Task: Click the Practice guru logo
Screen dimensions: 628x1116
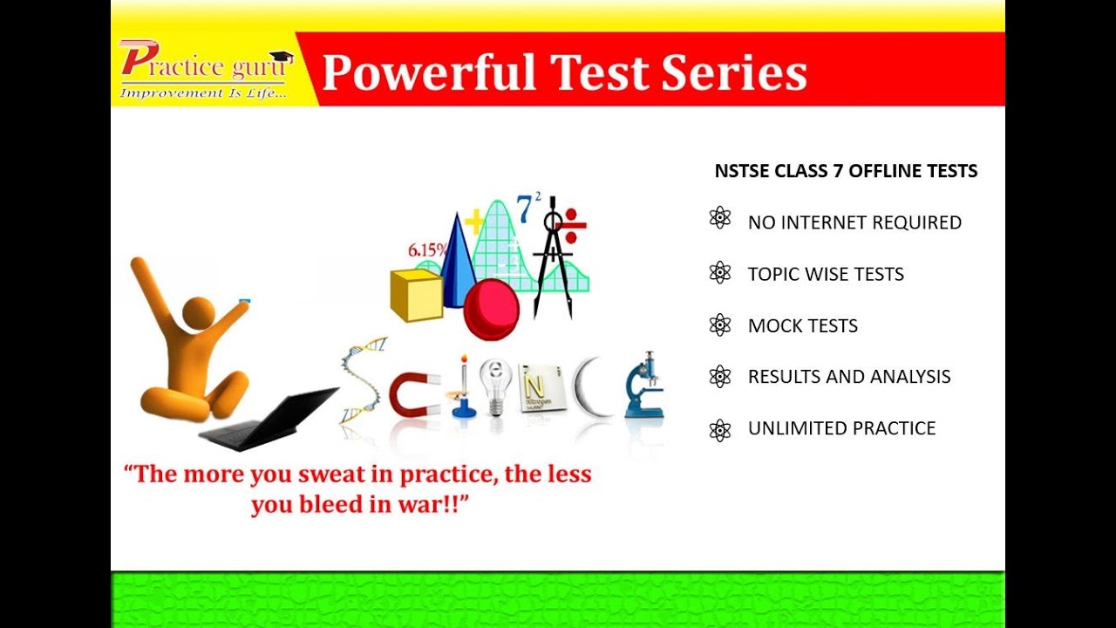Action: click(x=206, y=69)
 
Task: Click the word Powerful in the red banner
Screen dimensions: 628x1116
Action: click(x=428, y=72)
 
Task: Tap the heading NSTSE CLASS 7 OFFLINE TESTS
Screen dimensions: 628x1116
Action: click(x=846, y=171)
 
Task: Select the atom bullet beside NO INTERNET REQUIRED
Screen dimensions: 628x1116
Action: click(x=720, y=218)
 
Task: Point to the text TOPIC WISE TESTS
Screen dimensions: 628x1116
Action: click(x=826, y=274)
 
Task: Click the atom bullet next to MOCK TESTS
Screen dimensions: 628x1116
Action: click(x=720, y=325)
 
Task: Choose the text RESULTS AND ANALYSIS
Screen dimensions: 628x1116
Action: click(x=849, y=377)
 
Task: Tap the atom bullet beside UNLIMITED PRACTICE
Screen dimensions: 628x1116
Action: click(x=720, y=429)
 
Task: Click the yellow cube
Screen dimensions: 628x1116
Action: click(x=417, y=295)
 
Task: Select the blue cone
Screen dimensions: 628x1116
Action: click(x=456, y=262)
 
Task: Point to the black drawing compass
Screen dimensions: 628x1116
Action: click(x=552, y=262)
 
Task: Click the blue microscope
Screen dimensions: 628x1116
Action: click(x=644, y=386)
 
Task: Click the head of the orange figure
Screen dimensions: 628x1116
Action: click(x=199, y=313)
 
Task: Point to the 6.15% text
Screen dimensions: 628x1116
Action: click(x=427, y=250)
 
